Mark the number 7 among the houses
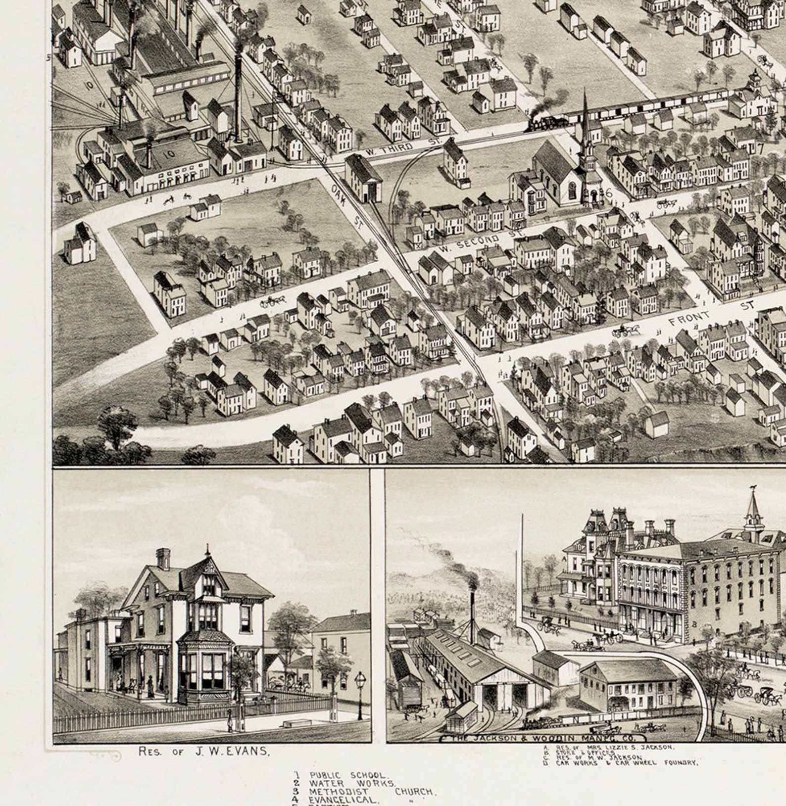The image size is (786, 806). tap(760, 148)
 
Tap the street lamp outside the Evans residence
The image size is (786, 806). tap(360, 693)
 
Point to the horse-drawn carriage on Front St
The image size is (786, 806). tap(625, 331)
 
